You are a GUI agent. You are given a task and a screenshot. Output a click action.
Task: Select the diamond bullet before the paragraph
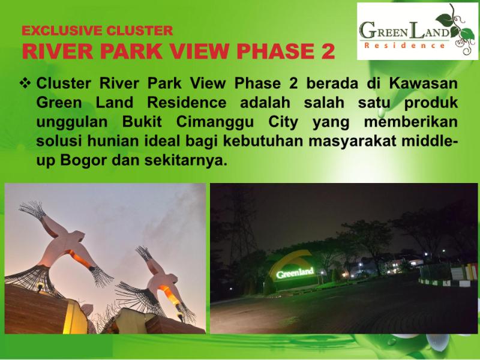(x=25, y=83)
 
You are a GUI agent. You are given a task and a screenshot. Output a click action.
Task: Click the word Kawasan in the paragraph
(x=424, y=83)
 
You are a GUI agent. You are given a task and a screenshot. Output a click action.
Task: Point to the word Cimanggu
(x=215, y=122)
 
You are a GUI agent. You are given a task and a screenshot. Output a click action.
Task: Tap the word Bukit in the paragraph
(x=142, y=122)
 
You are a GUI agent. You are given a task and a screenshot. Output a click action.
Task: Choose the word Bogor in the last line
(x=83, y=160)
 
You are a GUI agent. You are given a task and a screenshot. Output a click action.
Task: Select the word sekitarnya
(x=186, y=160)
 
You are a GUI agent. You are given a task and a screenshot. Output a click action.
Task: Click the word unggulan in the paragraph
(x=72, y=122)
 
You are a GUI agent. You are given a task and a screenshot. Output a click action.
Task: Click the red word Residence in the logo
(x=404, y=46)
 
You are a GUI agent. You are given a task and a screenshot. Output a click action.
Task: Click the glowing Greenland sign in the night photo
(x=295, y=272)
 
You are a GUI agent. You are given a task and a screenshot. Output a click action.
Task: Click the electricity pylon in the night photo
(x=242, y=227)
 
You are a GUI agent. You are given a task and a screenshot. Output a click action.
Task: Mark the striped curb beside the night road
(x=444, y=283)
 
